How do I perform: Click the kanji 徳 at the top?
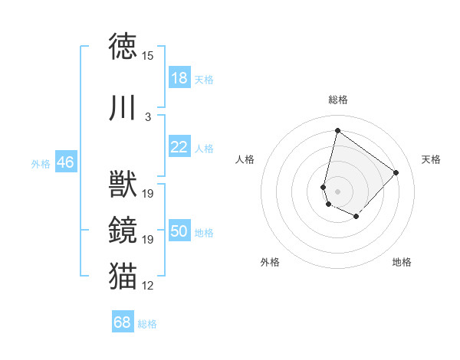(123, 47)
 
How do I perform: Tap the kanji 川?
(123, 108)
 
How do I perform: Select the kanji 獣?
(123, 185)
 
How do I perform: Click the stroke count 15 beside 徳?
(148, 56)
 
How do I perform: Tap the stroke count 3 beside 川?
(148, 117)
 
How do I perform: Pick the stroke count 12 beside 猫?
(148, 286)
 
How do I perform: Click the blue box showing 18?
(179, 78)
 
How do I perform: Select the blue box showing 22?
(179, 147)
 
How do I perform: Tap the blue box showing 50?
(179, 231)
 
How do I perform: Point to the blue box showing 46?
(65, 162)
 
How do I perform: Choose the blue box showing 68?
(122, 322)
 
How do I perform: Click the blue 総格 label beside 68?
(147, 324)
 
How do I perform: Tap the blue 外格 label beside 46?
(41, 163)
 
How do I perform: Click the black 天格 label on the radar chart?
(432, 159)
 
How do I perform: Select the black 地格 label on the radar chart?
(402, 262)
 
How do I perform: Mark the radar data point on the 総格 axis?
(337, 130)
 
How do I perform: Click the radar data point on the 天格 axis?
(396, 172)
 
